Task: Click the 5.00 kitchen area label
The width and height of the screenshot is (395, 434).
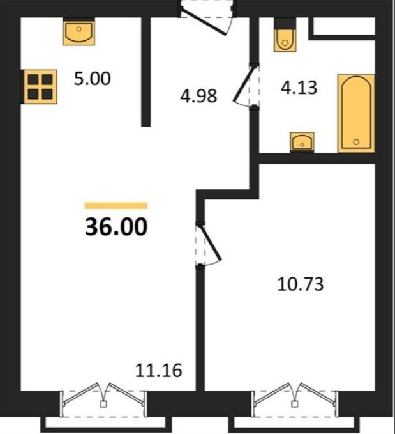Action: pos(93,79)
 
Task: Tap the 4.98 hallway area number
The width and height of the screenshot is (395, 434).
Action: pos(198,97)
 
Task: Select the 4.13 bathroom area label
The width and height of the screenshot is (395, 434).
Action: pos(299,88)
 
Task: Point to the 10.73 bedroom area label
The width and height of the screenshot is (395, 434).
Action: pos(300,284)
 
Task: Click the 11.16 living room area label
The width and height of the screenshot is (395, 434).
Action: pos(159,371)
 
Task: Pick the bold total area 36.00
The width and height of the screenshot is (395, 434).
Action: pos(116,227)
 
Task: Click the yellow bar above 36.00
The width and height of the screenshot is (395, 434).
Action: pos(116,205)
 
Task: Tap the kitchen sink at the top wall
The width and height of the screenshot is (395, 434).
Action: pos(78,33)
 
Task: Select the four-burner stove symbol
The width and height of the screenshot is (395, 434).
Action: pos(40,87)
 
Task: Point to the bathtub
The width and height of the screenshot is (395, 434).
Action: pos(356,113)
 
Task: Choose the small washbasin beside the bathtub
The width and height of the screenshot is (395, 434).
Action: pos(302,141)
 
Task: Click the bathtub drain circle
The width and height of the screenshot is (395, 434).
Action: pos(356,142)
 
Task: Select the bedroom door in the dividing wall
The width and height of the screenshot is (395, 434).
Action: pos(208,245)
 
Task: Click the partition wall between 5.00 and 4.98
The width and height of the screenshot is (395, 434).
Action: pos(146,72)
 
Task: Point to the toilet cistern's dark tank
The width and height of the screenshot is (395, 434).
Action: pos(285,23)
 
